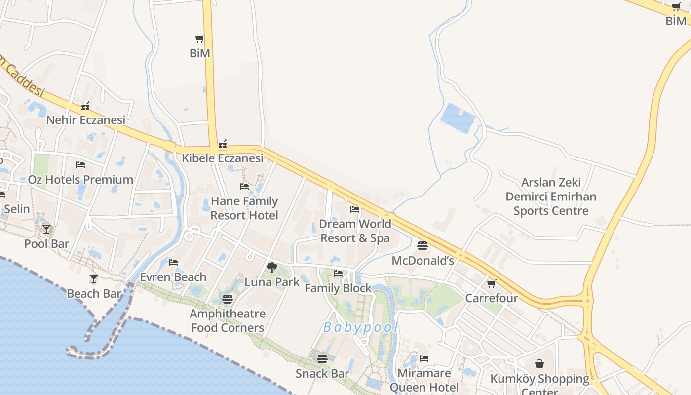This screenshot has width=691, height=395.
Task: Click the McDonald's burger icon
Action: [422, 245]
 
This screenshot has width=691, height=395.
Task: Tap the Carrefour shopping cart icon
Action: [492, 283]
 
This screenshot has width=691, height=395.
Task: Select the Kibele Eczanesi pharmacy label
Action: [223, 158]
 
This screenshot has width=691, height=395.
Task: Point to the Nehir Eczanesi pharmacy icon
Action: [86, 106]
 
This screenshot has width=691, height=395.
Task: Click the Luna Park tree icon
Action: [271, 268]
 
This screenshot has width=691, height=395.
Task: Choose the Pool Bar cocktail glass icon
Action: [46, 229]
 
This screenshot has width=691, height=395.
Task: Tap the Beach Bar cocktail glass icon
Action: [94, 279]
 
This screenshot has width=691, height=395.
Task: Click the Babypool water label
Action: [361, 327]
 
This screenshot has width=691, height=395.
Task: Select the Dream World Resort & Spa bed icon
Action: [355, 209]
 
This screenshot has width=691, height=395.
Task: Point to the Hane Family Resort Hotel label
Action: [244, 208]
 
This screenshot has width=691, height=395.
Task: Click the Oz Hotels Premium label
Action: [80, 180]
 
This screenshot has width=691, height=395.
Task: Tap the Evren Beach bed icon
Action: [173, 262]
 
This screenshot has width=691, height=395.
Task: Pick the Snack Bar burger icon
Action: [322, 358]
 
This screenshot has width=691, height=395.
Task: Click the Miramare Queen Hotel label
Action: [424, 380]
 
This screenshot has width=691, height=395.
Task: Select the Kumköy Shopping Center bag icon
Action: [539, 364]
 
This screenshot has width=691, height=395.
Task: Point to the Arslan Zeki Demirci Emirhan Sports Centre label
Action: [551, 197]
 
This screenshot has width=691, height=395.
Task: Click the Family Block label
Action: [338, 288]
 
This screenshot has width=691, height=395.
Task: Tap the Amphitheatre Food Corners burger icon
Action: [228, 299]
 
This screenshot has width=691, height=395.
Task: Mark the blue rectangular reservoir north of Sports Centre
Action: [458, 118]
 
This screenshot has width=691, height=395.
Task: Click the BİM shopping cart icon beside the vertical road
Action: [200, 39]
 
